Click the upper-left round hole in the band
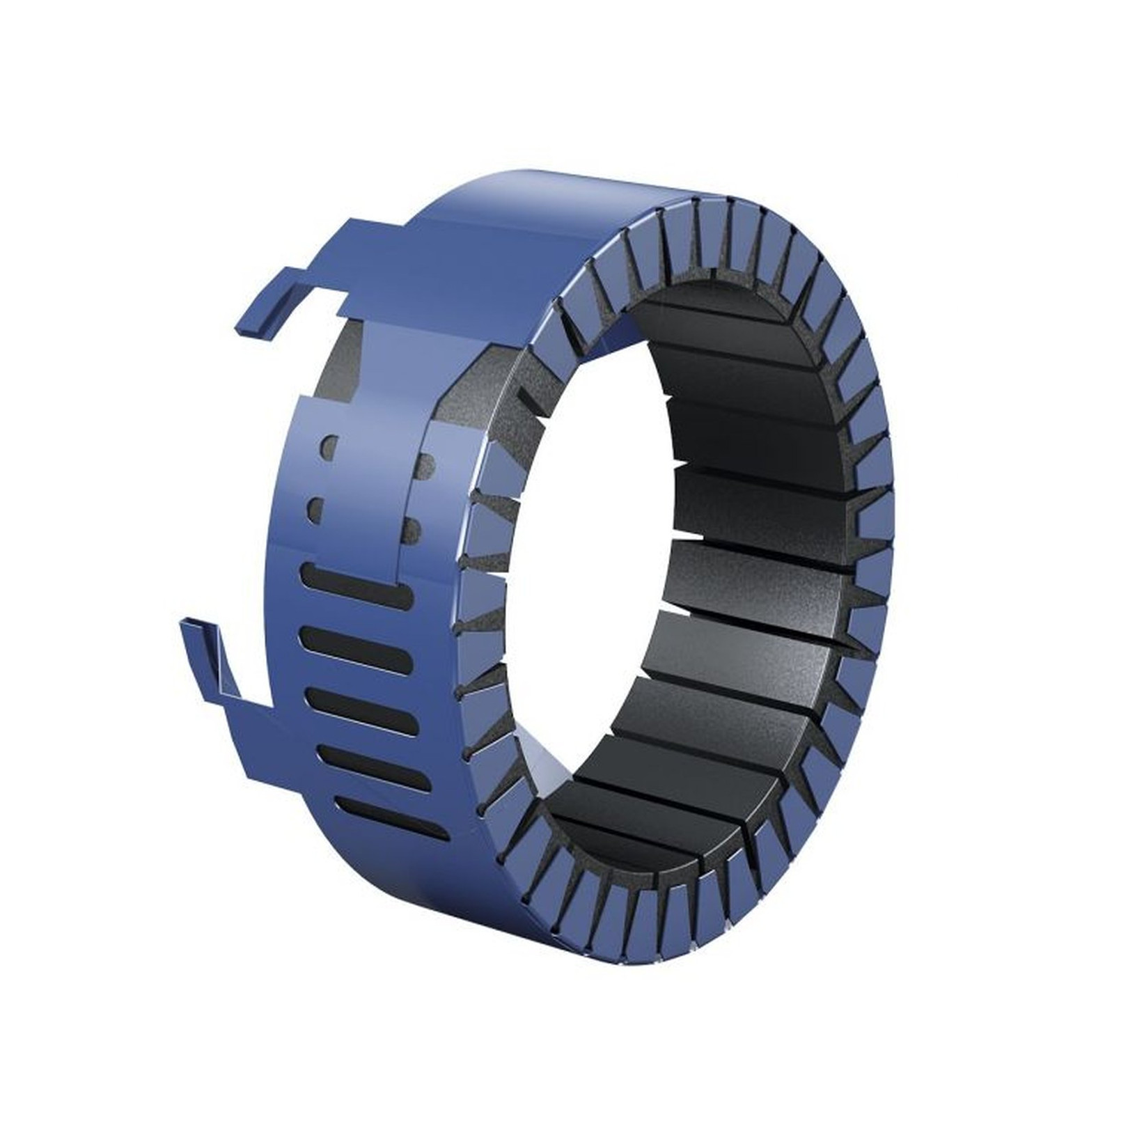329,446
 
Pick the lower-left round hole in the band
318,509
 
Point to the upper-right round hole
426,465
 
